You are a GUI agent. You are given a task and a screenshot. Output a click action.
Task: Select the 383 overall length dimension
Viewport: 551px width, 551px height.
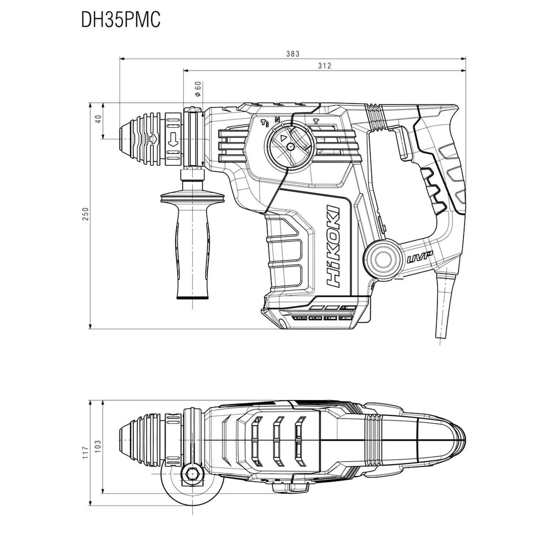tap(293, 54)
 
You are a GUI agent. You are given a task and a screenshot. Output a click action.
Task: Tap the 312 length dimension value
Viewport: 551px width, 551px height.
tap(325, 66)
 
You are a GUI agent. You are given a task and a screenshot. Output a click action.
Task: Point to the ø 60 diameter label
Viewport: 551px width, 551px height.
tap(197, 89)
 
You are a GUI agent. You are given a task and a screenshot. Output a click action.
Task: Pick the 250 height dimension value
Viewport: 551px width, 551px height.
tap(86, 214)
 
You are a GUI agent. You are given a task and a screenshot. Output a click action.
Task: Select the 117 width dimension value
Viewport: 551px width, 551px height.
tap(86, 451)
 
